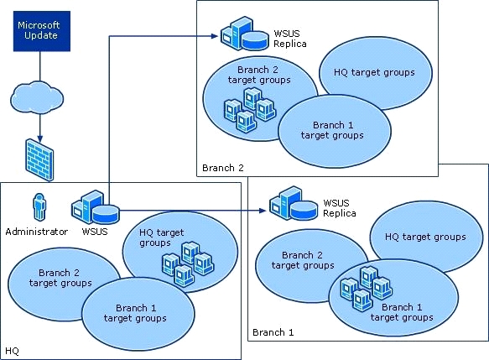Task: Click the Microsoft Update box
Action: pos(42,31)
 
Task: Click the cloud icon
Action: pos(37,97)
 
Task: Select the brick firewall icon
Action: pos(39,159)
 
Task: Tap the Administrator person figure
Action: pos(39,206)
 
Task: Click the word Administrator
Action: pos(37,232)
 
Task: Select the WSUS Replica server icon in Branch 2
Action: pos(244,34)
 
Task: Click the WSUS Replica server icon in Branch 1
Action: pos(294,203)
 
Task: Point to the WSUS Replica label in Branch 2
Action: pos(290,39)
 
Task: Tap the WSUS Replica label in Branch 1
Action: pos(340,208)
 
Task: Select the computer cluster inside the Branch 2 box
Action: pos(250,109)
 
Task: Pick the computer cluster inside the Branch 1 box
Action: pos(367,288)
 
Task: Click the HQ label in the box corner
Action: pos(13,352)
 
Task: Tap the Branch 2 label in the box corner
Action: pos(222,168)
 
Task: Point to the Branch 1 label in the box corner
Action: pos(273,332)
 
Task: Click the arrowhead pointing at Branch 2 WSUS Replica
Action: pos(214,36)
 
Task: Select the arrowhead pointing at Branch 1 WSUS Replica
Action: pos(263,211)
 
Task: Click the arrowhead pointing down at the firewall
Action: pos(39,138)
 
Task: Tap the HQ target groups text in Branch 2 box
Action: pos(374,73)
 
